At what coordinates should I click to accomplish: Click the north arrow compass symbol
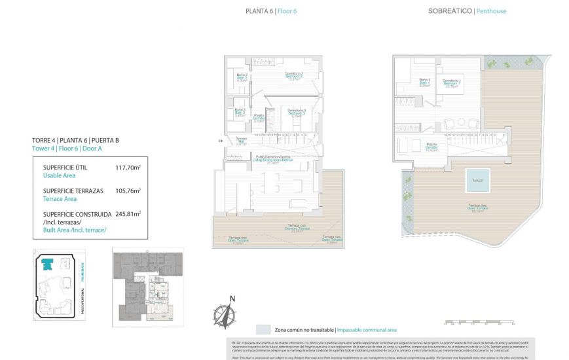224,312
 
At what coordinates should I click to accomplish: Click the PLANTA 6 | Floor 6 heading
271,11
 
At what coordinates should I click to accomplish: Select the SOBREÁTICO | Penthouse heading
467,11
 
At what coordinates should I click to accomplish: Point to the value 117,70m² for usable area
128,168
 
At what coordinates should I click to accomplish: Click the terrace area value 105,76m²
128,191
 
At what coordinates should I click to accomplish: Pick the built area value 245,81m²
128,213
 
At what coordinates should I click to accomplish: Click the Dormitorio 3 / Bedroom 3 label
297,111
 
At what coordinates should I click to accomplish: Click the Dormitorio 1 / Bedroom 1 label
452,82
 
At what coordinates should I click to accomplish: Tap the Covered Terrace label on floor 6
298,229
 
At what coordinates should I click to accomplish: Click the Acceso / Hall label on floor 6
242,140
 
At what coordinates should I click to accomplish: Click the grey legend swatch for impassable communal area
263,330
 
